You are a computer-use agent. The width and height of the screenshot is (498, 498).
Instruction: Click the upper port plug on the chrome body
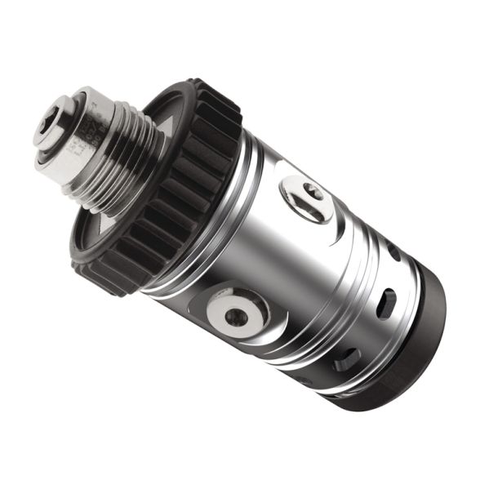tap(306, 197)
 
